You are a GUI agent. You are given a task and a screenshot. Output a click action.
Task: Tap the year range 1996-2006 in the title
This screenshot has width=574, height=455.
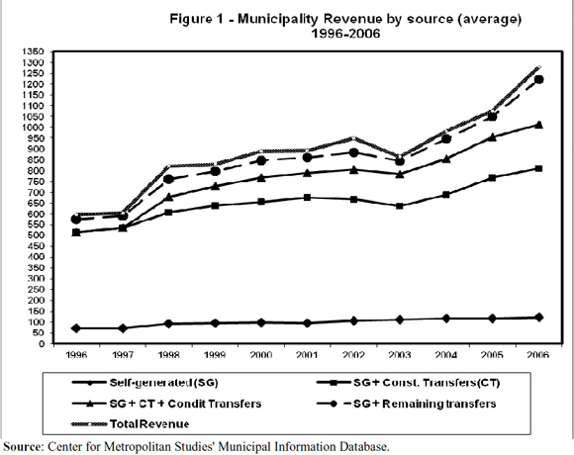point(345,34)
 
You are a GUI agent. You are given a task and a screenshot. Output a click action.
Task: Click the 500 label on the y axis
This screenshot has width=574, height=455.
point(38,235)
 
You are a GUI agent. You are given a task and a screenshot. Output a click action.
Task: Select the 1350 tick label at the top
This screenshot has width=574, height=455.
point(36,51)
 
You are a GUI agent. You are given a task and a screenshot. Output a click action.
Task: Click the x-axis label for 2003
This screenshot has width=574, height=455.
point(400,355)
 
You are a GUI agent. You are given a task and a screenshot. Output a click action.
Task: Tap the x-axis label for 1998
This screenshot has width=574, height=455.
point(169,355)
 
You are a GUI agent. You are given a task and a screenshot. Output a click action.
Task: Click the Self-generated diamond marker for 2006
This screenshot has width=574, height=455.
point(538,318)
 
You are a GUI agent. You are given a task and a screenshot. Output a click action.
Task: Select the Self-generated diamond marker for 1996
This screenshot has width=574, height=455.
point(76,328)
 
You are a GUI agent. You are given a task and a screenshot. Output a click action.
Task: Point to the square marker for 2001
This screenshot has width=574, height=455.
point(307,198)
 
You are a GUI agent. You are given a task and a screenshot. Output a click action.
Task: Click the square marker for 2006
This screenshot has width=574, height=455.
point(538,168)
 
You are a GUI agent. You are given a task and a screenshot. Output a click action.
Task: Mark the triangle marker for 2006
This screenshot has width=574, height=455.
point(538,125)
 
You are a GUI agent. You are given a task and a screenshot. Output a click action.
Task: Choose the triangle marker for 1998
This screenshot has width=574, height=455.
point(169,197)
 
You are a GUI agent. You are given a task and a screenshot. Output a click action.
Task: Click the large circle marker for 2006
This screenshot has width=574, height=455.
point(538,80)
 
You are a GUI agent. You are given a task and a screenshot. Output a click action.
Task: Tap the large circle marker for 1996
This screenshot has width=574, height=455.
point(76,219)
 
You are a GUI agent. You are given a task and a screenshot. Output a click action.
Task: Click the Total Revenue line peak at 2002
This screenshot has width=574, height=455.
point(353,138)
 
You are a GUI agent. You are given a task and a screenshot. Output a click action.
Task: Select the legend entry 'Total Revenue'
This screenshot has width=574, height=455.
point(131,424)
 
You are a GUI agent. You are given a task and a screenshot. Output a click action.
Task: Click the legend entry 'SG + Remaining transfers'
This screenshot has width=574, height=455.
point(407,404)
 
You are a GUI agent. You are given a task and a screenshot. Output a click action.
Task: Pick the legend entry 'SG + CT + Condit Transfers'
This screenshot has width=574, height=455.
point(167,404)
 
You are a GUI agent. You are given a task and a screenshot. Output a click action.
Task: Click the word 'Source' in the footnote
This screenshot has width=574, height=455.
point(23,446)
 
